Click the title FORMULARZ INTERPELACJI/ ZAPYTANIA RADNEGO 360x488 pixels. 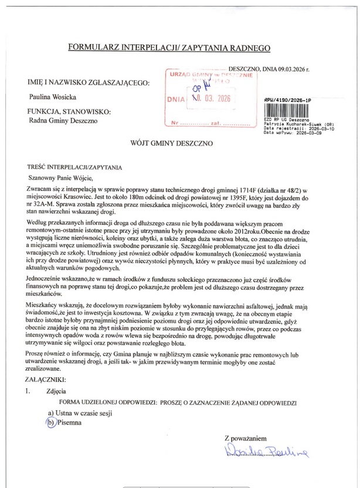(169, 45)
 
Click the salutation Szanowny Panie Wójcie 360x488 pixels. (61, 178)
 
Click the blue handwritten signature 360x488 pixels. (264, 451)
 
